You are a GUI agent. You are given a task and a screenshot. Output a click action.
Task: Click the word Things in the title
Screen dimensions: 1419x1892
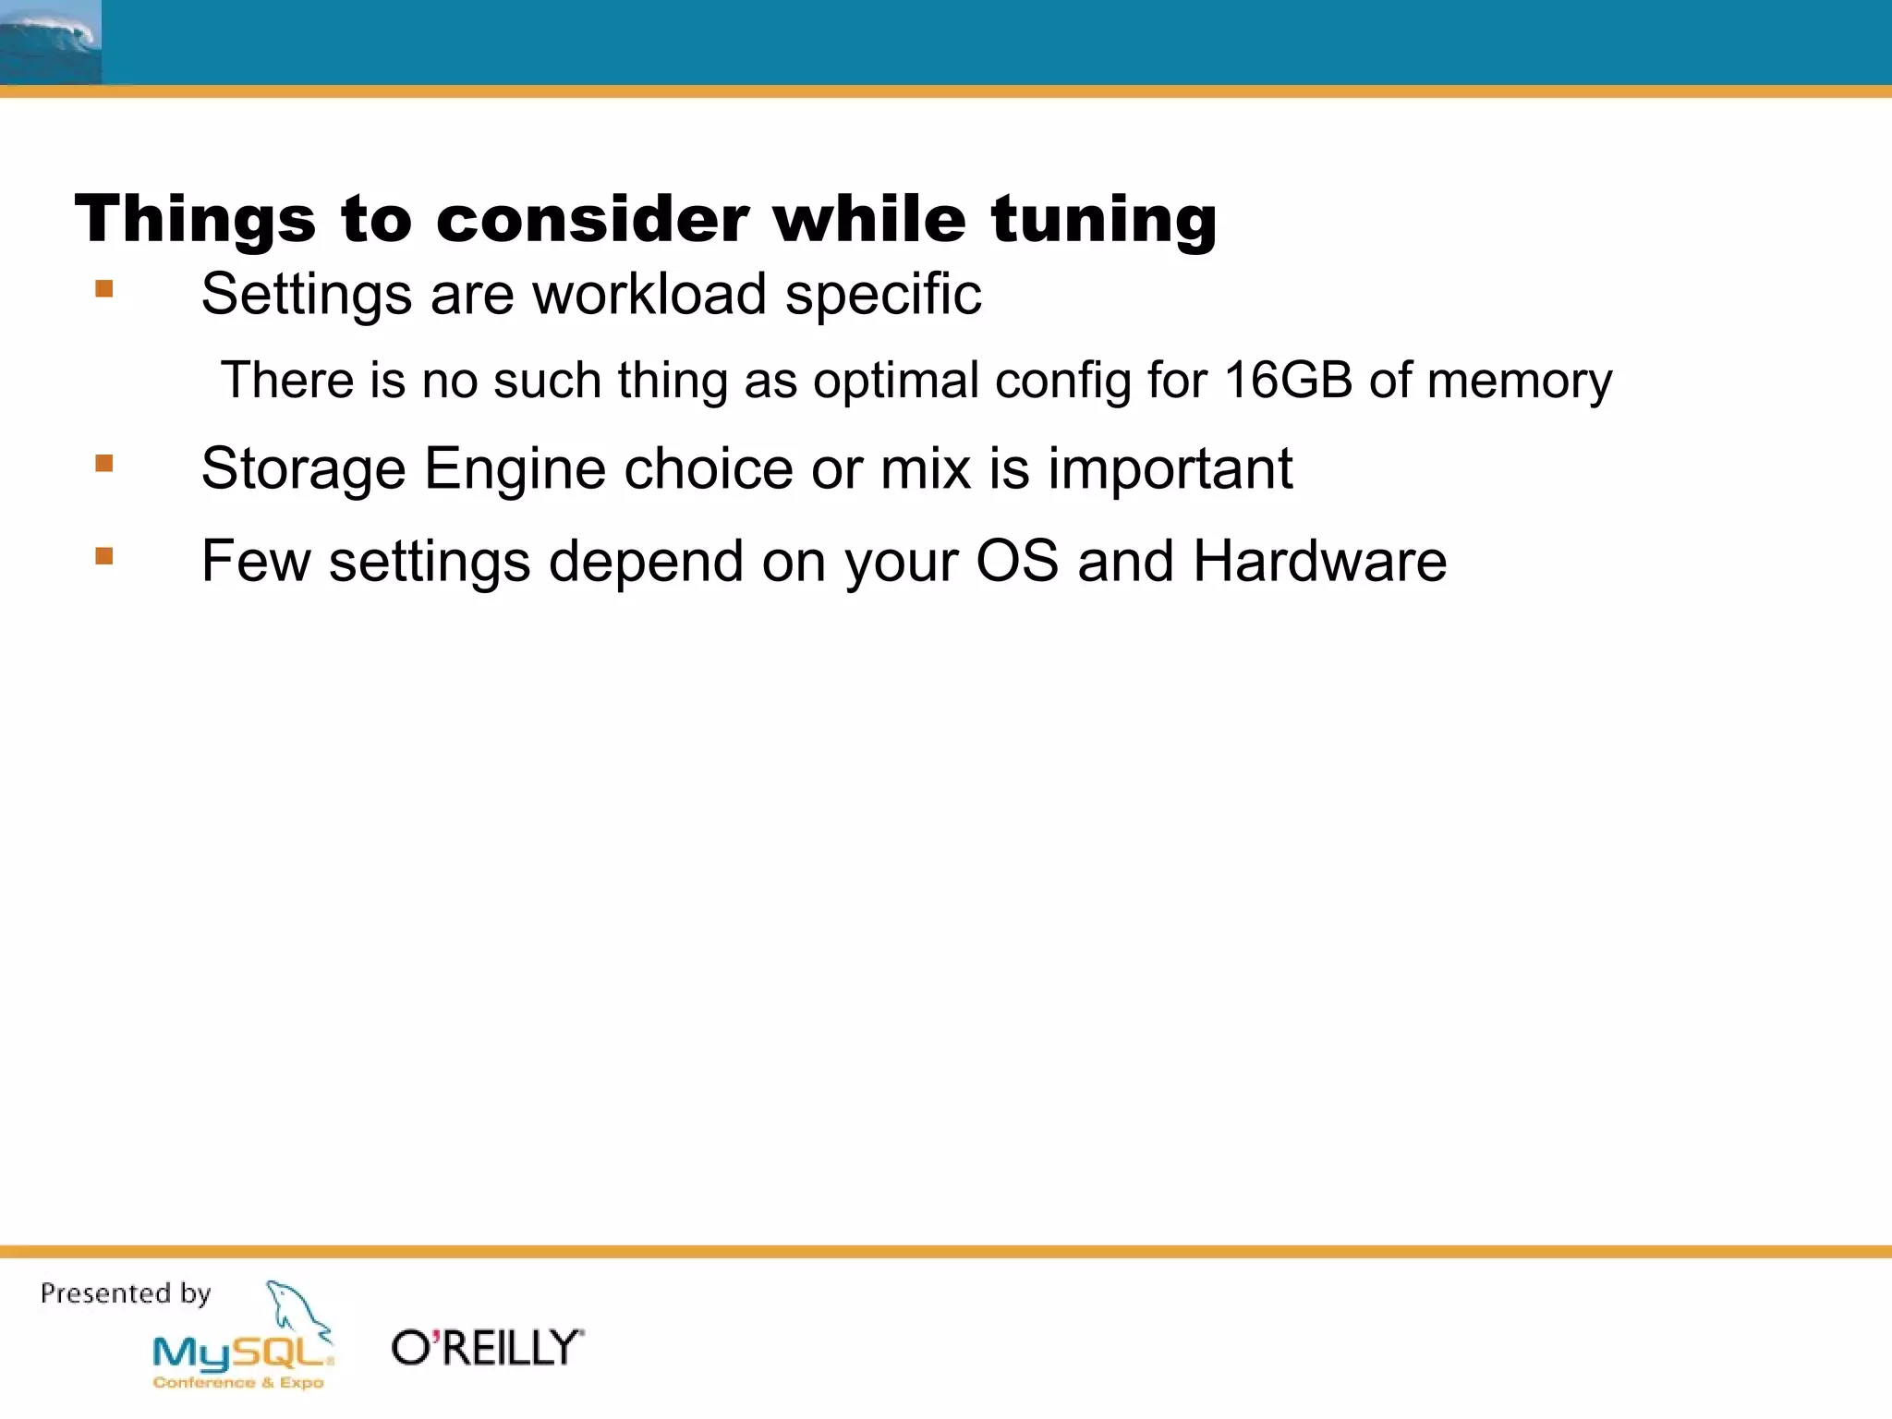tap(195, 220)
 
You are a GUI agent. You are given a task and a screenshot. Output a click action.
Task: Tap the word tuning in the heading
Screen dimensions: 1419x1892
tap(1104, 220)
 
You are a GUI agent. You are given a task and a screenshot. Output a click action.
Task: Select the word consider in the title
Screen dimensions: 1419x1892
tap(592, 220)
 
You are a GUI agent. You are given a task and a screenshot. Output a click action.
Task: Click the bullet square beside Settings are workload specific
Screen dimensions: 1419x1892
tap(104, 290)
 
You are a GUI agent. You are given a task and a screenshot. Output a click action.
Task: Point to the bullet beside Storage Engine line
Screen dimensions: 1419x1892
tap(104, 463)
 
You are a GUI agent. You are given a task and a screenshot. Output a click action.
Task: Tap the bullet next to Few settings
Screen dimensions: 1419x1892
tap(104, 556)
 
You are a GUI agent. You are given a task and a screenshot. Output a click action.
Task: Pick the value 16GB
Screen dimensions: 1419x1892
tap(1289, 381)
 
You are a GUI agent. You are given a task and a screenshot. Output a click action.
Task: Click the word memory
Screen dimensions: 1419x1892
tap(1520, 381)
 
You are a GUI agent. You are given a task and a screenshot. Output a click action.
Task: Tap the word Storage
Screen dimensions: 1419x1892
tap(303, 469)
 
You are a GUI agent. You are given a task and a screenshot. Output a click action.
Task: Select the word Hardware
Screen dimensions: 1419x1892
tap(1319, 562)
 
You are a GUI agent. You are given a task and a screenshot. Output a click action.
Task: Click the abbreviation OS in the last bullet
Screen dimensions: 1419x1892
tap(1017, 562)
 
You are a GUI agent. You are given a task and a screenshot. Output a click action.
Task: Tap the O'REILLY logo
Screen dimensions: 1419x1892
tap(488, 1348)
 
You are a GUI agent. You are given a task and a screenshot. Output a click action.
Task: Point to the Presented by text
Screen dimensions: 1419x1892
tap(126, 1293)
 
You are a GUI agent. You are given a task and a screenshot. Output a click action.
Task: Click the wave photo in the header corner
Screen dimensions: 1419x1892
tap(50, 42)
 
